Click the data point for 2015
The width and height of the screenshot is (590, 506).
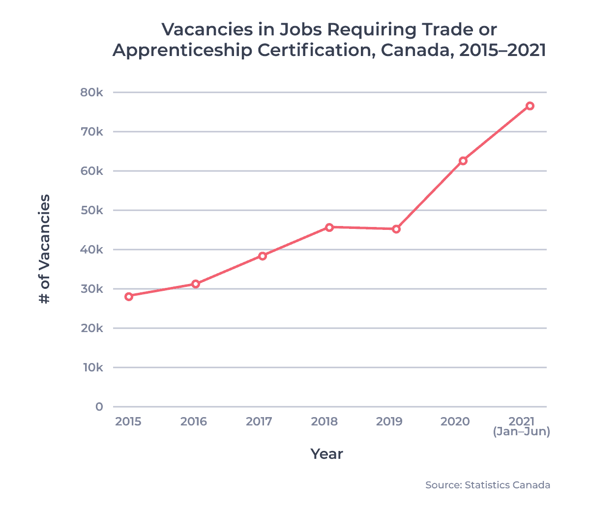(x=129, y=296)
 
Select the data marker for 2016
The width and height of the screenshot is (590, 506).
(x=196, y=284)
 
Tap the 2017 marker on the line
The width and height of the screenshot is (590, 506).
(x=263, y=256)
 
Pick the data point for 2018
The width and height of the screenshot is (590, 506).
(x=329, y=227)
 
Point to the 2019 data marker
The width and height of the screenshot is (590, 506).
(x=396, y=229)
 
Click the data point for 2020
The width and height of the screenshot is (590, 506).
(x=463, y=161)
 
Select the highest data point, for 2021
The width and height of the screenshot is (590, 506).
(x=530, y=106)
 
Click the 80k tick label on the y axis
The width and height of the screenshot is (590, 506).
(x=91, y=92)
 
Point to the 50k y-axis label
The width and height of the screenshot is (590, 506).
(x=91, y=210)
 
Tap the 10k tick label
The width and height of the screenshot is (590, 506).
(x=92, y=367)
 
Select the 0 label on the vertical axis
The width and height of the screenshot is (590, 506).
(x=99, y=407)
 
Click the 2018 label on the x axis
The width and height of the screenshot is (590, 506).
(x=324, y=422)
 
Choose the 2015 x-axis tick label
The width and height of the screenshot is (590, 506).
(x=128, y=422)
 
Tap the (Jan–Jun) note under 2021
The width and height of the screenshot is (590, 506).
(x=521, y=432)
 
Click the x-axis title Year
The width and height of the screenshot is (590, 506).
(x=326, y=453)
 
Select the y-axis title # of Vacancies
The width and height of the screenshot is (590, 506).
(x=45, y=249)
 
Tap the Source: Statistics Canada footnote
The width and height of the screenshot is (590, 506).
(x=488, y=485)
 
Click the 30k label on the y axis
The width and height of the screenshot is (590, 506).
(x=91, y=289)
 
